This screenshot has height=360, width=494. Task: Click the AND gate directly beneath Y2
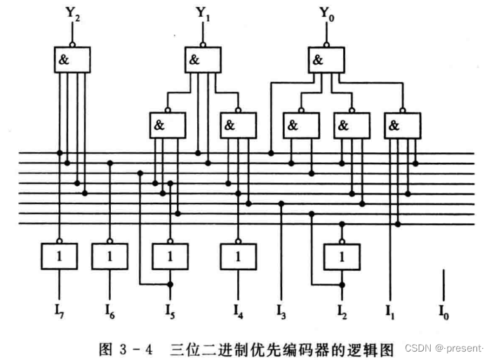click(72, 60)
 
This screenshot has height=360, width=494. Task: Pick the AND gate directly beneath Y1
click(202, 60)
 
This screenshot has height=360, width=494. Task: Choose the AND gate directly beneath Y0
click(327, 60)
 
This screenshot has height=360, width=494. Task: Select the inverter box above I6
click(110, 256)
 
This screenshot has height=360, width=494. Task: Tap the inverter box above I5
click(171, 256)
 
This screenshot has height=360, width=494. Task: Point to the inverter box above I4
click(239, 256)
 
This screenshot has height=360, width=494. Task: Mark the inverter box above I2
click(342, 256)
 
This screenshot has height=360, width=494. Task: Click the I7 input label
click(60, 309)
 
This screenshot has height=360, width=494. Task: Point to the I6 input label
click(111, 309)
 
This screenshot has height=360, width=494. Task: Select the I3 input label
click(282, 309)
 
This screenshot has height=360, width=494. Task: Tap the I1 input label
click(389, 309)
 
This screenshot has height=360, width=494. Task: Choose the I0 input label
click(443, 309)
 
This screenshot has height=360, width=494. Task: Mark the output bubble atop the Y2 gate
click(72, 44)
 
